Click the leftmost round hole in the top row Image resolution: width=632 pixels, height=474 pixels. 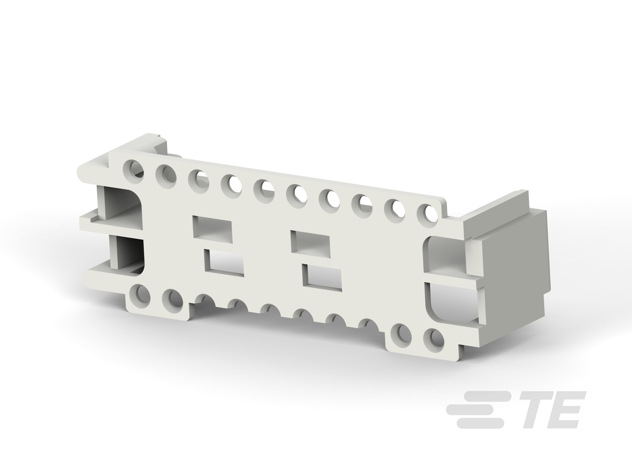coord(133,169)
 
